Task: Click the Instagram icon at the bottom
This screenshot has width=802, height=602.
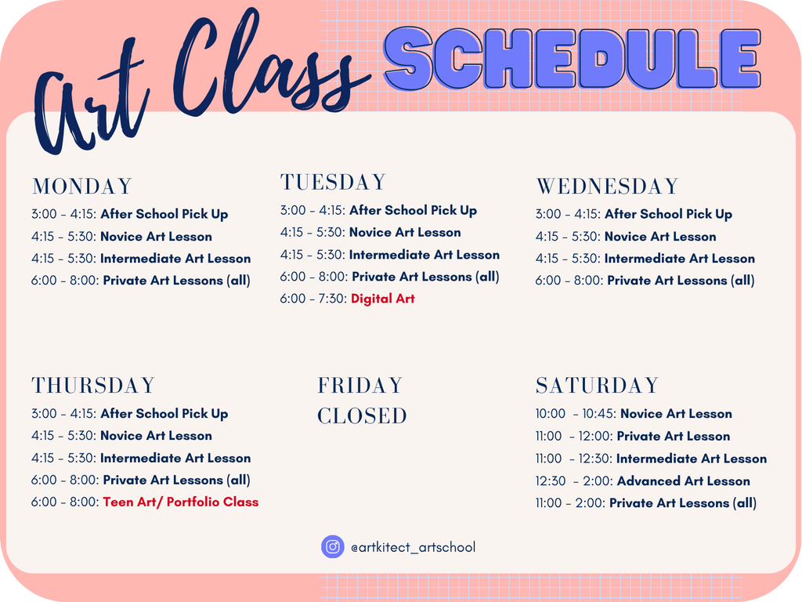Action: click(332, 546)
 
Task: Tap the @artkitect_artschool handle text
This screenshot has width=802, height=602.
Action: click(413, 547)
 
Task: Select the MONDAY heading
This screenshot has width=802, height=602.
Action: click(81, 187)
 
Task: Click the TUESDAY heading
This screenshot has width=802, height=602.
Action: click(333, 182)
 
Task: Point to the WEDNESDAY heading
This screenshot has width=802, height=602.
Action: click(607, 187)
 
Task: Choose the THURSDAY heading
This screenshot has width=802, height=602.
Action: click(93, 386)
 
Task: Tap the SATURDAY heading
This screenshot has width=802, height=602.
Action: click(597, 386)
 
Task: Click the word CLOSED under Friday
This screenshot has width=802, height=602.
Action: click(362, 416)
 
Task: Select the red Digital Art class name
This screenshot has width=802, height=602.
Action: click(382, 299)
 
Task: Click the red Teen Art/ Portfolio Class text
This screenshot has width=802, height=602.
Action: click(181, 502)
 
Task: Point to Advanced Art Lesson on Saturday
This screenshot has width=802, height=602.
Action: click(683, 481)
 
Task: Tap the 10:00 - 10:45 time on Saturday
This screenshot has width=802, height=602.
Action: click(576, 414)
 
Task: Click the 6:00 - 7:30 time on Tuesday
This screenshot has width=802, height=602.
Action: click(313, 299)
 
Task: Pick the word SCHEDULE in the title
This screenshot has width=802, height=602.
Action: click(573, 57)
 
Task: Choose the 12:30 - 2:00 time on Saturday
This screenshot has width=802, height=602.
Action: click(574, 481)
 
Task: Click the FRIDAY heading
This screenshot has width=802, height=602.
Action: click(360, 386)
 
